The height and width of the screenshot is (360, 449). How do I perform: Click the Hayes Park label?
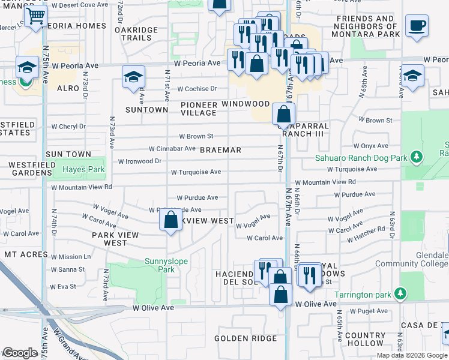[x=83, y=170]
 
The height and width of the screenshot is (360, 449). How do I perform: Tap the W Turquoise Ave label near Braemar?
[x=196, y=172]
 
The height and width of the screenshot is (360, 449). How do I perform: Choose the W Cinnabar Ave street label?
[x=172, y=148]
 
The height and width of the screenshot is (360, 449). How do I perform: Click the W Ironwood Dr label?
[x=140, y=161]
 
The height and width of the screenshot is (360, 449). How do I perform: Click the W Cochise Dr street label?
[x=197, y=88]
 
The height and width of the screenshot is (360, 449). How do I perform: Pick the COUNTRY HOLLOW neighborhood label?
[x=365, y=340]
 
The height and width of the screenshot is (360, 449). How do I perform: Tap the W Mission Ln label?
[x=71, y=256]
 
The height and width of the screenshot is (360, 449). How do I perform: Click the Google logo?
[x=19, y=353]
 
